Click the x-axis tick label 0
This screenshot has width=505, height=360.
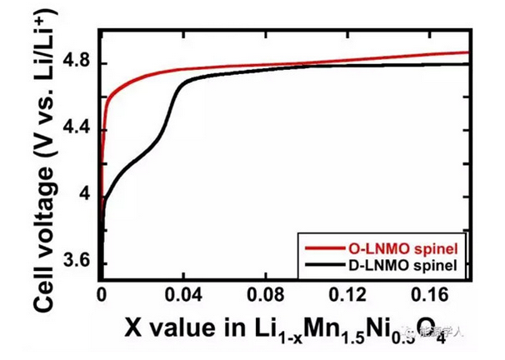point(102,293)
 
